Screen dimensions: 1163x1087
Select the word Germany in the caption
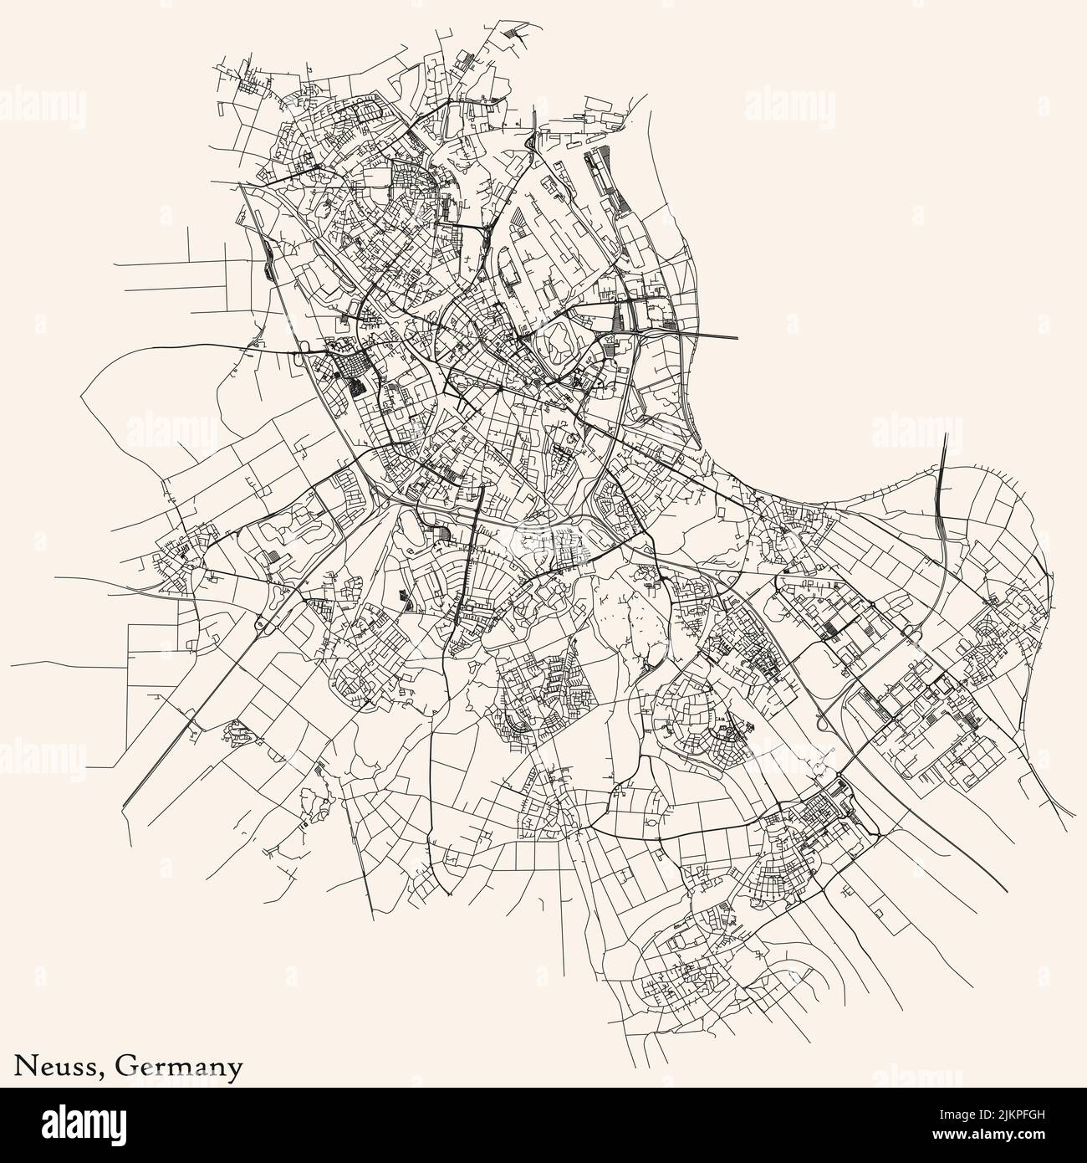point(180,1067)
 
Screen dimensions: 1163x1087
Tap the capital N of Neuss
point(23,1066)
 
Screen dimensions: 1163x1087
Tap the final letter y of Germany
point(237,1069)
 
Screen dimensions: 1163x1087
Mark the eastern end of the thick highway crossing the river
point(737,337)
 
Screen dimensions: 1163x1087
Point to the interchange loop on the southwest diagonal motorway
point(260,622)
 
